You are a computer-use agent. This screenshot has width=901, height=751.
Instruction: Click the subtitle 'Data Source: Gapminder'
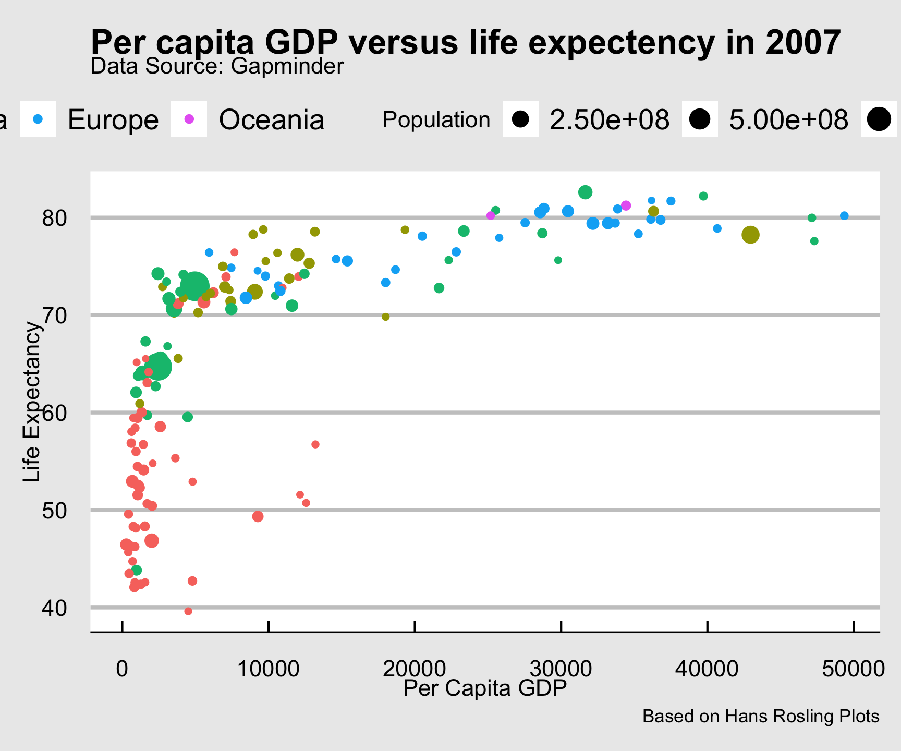pyautogui.click(x=217, y=67)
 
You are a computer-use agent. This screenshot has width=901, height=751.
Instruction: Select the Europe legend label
pyautogui.click(x=113, y=120)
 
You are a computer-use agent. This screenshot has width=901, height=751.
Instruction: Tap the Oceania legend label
pyautogui.click(x=271, y=120)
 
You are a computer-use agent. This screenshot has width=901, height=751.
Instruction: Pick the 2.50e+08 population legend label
pyautogui.click(x=610, y=120)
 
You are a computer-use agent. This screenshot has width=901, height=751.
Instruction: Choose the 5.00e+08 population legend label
pyautogui.click(x=788, y=120)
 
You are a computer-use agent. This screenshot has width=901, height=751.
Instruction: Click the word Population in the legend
pyautogui.click(x=436, y=120)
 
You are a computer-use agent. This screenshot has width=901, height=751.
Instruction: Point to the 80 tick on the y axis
pyautogui.click(x=55, y=217)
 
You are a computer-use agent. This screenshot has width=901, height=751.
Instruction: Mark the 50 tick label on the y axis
pyautogui.click(x=55, y=510)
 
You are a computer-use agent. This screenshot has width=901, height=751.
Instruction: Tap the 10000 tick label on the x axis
pyautogui.click(x=268, y=669)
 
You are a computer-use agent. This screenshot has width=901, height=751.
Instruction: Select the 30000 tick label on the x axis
pyautogui.click(x=561, y=669)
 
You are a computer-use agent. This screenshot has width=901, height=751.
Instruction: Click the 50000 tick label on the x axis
pyautogui.click(x=853, y=669)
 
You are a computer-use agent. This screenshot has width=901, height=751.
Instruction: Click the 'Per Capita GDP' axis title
pyautogui.click(x=485, y=689)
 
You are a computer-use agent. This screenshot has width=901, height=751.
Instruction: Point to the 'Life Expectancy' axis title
pyautogui.click(x=32, y=402)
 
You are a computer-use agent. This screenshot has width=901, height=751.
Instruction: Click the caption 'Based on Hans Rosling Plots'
pyautogui.click(x=761, y=717)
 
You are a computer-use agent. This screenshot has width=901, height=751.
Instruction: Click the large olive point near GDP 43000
pyautogui.click(x=750, y=235)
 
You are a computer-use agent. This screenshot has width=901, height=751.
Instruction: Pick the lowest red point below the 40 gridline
pyautogui.click(x=188, y=611)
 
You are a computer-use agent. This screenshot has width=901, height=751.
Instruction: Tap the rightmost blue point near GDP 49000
pyautogui.click(x=844, y=216)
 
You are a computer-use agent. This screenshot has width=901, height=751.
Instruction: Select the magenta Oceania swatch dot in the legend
pyautogui.click(x=189, y=119)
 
